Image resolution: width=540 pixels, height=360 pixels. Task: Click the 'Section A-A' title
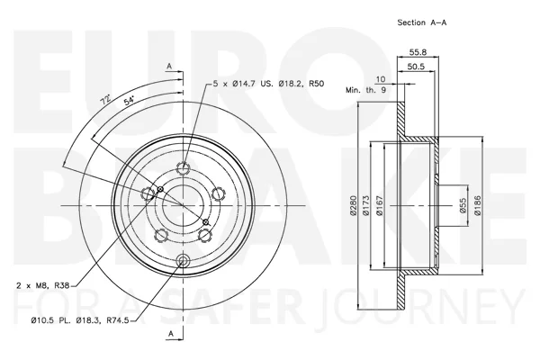tap(422, 22)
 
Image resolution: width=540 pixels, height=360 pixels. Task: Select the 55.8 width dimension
tap(418, 52)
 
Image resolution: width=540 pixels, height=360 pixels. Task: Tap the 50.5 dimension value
tap(416, 67)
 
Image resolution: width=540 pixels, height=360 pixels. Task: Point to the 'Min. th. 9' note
tap(365, 90)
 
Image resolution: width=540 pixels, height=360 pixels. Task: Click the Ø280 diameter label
tap(353, 206)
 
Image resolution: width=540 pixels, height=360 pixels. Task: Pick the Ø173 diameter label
tap(365, 206)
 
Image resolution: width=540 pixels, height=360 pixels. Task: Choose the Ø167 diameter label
tap(380, 206)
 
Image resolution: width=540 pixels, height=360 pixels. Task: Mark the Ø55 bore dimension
tap(463, 206)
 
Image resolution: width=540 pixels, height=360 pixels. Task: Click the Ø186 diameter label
tap(477, 206)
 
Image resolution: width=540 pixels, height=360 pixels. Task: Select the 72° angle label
tap(105, 100)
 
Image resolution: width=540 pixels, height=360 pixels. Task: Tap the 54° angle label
tap(129, 101)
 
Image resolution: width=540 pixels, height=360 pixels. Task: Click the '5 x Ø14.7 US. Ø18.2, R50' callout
tap(268, 84)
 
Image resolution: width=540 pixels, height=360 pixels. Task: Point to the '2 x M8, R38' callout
tap(43, 285)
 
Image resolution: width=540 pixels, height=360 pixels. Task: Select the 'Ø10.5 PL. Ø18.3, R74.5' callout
tap(80, 320)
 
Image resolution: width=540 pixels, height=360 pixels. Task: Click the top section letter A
tap(169, 66)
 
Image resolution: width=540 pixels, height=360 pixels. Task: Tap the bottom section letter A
tap(170, 334)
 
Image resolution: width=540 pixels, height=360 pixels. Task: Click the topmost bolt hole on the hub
tap(184, 168)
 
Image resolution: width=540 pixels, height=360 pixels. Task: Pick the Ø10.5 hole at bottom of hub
tap(183, 260)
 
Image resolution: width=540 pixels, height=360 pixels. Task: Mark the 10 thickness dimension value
tap(381, 79)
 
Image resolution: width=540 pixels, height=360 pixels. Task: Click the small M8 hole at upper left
tap(160, 189)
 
